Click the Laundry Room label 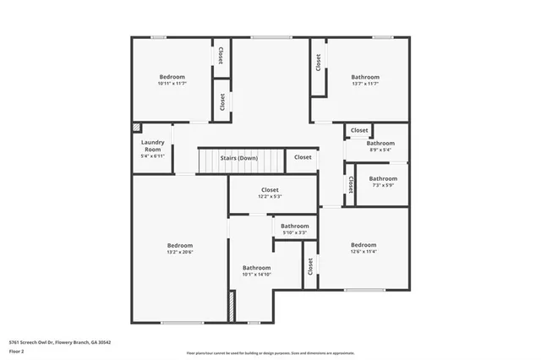[152, 145]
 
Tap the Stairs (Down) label [239, 157]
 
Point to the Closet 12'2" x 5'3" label [270, 191]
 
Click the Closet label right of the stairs [303, 157]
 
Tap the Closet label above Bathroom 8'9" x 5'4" [359, 130]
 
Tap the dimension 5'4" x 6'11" [152, 155]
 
